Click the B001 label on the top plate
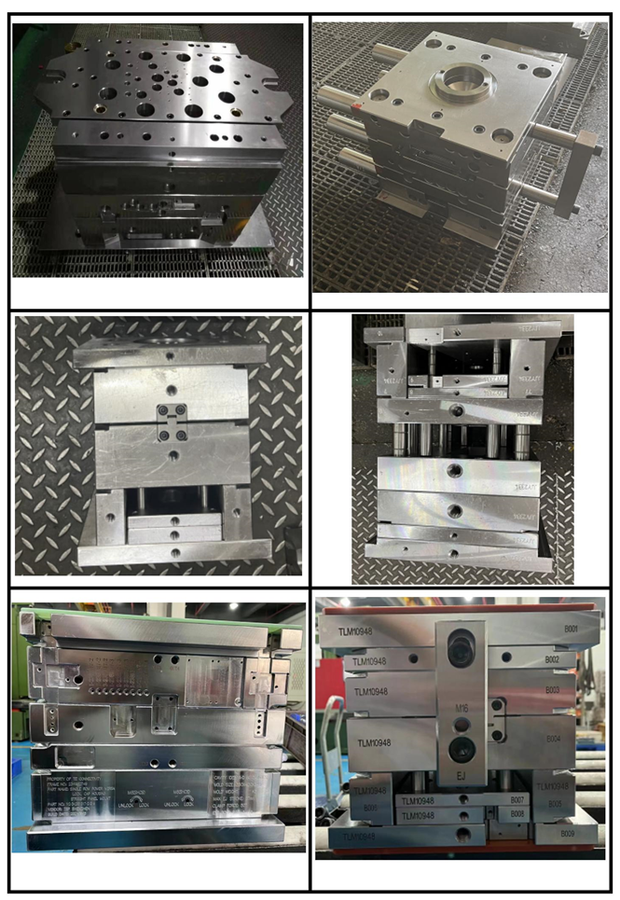(569, 629)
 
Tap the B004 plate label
(553, 739)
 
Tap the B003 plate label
(552, 690)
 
